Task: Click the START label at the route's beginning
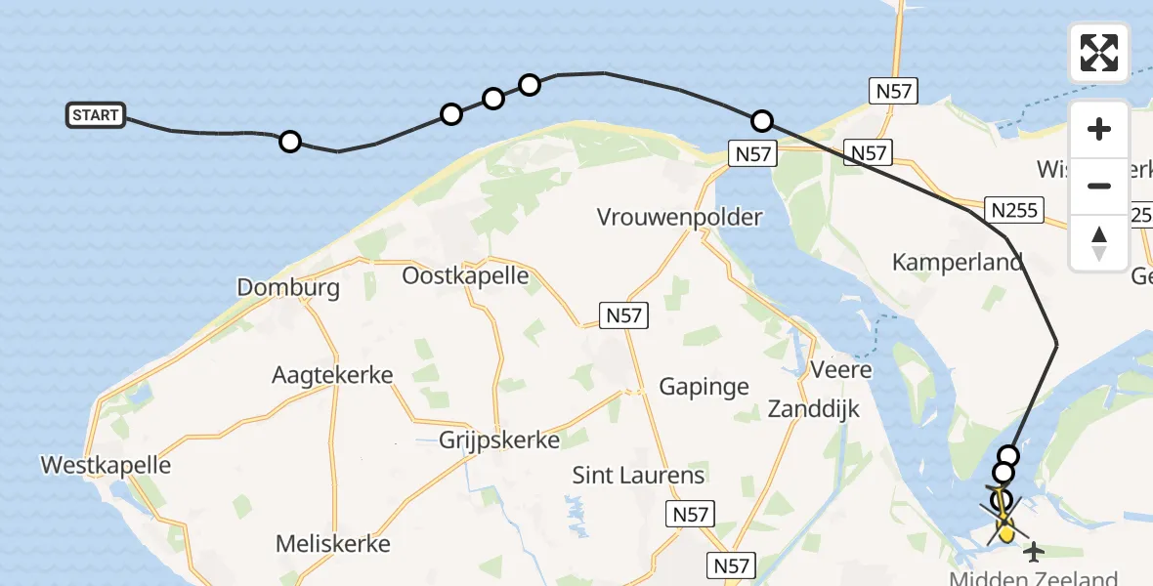[95, 115]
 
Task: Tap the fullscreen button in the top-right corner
[1099, 53]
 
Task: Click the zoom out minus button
[1099, 186]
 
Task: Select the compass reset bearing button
[1099, 242]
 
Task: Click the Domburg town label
[288, 287]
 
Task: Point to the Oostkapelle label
[465, 275]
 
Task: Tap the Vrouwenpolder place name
[679, 217]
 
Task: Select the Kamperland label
[957, 262]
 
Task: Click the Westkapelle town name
[106, 465]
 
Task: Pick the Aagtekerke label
[332, 375]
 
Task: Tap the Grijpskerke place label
[498, 439]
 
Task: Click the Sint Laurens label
[638, 476]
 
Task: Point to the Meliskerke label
[332, 544]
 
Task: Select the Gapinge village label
[704, 387]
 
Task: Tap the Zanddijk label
[813, 408]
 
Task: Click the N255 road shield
[1015, 210]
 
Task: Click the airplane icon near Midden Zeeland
[1033, 553]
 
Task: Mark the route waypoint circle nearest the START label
[289, 142]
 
